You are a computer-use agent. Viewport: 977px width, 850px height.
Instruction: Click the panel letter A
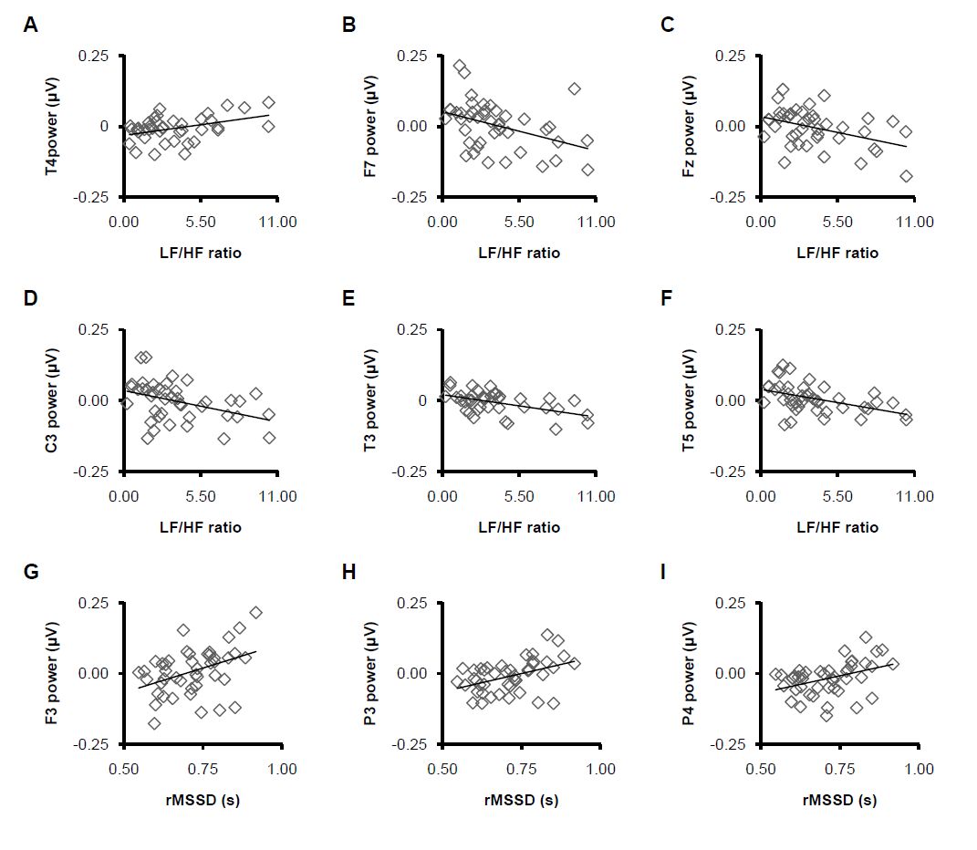31,26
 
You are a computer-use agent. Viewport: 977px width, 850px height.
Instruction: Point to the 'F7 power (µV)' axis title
370,126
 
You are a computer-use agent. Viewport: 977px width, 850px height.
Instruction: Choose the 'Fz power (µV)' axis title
689,126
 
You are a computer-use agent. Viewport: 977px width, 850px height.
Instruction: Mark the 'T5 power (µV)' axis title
689,399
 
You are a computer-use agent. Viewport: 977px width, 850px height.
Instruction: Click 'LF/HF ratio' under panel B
519,253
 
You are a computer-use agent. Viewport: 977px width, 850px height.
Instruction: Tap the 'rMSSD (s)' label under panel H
521,800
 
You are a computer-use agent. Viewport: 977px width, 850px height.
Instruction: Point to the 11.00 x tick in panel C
915,222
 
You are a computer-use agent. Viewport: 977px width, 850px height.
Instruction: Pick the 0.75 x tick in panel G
203,770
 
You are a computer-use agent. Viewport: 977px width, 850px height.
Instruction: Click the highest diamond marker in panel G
255,613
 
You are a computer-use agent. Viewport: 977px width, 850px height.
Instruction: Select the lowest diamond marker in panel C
906,177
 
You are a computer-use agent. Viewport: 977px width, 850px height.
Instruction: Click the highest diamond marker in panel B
459,66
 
